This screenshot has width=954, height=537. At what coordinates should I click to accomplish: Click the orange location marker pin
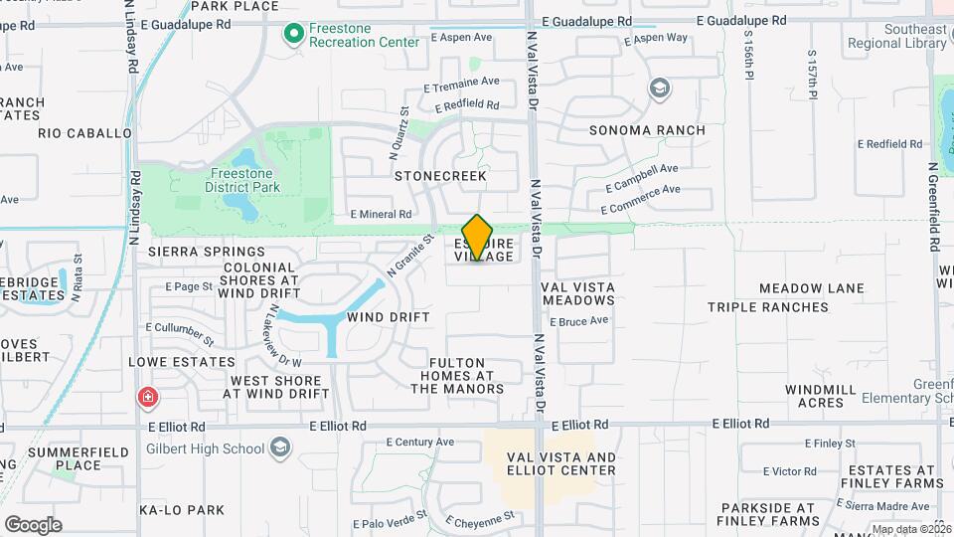(x=477, y=237)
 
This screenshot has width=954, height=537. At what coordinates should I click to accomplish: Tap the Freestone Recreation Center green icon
(x=293, y=35)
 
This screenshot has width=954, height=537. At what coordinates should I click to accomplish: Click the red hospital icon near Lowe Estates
(x=148, y=398)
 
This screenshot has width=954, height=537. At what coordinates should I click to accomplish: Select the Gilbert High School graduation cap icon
(x=281, y=447)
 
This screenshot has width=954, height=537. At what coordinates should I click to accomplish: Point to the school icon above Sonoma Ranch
(x=658, y=89)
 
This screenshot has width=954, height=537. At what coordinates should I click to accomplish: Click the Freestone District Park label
(x=243, y=179)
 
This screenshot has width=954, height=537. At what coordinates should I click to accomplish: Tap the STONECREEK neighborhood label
(x=440, y=176)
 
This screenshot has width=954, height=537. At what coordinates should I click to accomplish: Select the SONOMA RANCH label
(x=647, y=130)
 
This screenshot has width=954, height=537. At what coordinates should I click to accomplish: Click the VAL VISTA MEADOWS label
(x=577, y=293)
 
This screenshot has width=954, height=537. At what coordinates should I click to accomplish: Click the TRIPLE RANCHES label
(x=768, y=307)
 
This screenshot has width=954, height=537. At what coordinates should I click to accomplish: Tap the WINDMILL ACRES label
(x=814, y=396)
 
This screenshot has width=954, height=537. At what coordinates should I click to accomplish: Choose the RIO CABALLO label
(x=84, y=132)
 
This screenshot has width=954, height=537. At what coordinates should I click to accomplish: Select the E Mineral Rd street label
(x=381, y=214)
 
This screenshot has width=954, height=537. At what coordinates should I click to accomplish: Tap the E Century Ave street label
(x=419, y=442)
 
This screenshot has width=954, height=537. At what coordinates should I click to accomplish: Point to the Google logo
(x=33, y=524)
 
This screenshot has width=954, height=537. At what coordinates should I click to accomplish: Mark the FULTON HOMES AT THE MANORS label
(x=458, y=376)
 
